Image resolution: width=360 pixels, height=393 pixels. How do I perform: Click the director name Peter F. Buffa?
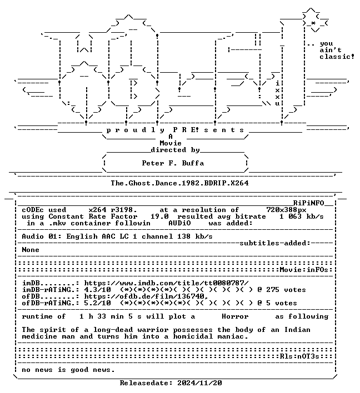point(173,163)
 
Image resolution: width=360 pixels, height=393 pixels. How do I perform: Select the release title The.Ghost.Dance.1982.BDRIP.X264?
point(179,183)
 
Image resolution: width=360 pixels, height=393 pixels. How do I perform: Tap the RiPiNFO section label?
point(308,203)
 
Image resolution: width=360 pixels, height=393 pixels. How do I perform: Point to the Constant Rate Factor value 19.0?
point(159,216)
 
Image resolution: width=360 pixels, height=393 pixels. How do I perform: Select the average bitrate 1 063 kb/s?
point(302,216)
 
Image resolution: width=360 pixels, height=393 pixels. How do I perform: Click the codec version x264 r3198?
point(113,209)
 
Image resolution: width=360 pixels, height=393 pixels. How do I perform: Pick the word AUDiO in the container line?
point(179,223)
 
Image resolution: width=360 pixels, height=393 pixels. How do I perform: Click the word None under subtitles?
point(31,250)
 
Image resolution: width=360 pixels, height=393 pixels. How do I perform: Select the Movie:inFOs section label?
point(304,270)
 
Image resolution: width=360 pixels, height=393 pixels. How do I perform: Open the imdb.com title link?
point(166,283)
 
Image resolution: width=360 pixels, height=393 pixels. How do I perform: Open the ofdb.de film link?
point(146,296)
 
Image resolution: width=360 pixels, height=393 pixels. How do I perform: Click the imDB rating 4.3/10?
point(97,290)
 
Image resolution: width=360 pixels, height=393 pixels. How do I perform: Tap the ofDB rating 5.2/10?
point(97,303)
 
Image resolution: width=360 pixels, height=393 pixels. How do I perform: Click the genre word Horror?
point(235,316)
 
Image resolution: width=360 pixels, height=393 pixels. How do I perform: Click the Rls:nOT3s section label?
point(299,356)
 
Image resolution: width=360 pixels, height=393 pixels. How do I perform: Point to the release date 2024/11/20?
point(199,382)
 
